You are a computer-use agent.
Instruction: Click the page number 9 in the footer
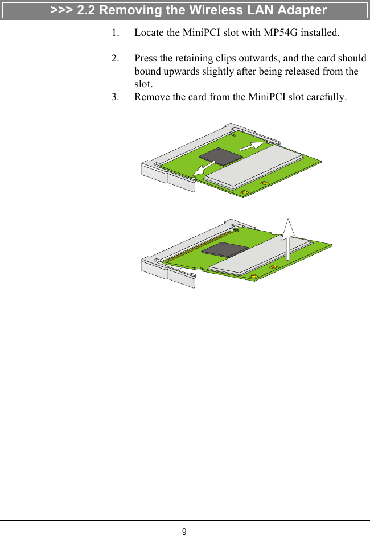coord(184,532)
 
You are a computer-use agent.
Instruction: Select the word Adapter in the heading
coord(300,10)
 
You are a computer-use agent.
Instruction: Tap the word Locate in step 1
coord(150,32)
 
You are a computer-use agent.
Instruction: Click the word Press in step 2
coord(146,59)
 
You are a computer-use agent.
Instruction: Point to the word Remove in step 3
coord(153,97)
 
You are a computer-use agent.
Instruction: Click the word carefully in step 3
coord(325,97)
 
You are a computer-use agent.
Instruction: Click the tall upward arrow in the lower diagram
coord(288,239)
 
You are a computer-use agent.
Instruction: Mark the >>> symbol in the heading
coord(61,10)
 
